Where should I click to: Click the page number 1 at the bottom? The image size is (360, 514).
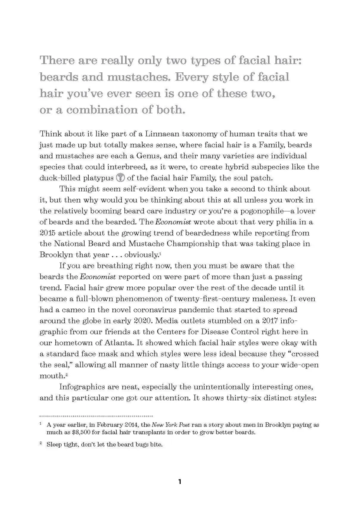click(180, 482)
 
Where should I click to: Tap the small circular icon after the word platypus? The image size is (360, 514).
click(120, 178)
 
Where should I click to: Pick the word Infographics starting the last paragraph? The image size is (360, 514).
click(82, 387)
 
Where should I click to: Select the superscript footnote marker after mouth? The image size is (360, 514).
click(66, 375)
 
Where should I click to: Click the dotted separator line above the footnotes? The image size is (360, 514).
click(96, 416)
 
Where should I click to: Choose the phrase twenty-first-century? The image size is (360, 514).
click(212, 299)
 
